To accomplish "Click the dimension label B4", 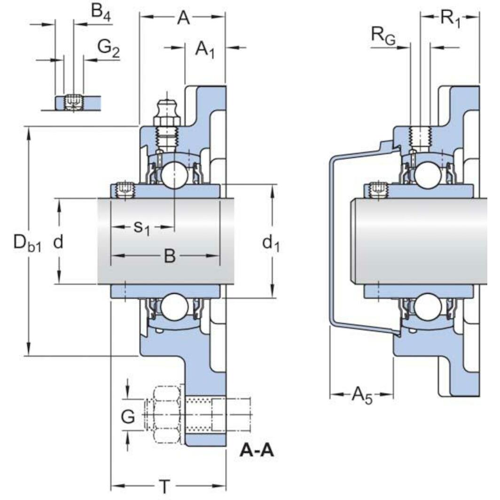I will coord(100,12).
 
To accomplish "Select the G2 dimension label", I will coord(108,47).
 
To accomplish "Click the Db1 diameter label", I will coord(27,243).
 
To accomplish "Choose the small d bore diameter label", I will coord(58,242).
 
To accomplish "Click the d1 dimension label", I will coord(271,243).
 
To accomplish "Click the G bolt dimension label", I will coord(128,415).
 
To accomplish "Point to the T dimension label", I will coord(164,487).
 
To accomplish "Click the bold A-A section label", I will coord(257,451).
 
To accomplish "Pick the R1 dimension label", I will coord(450,18).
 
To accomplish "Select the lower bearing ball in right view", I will coord(428,307).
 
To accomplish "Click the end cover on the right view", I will coord(336,244).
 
